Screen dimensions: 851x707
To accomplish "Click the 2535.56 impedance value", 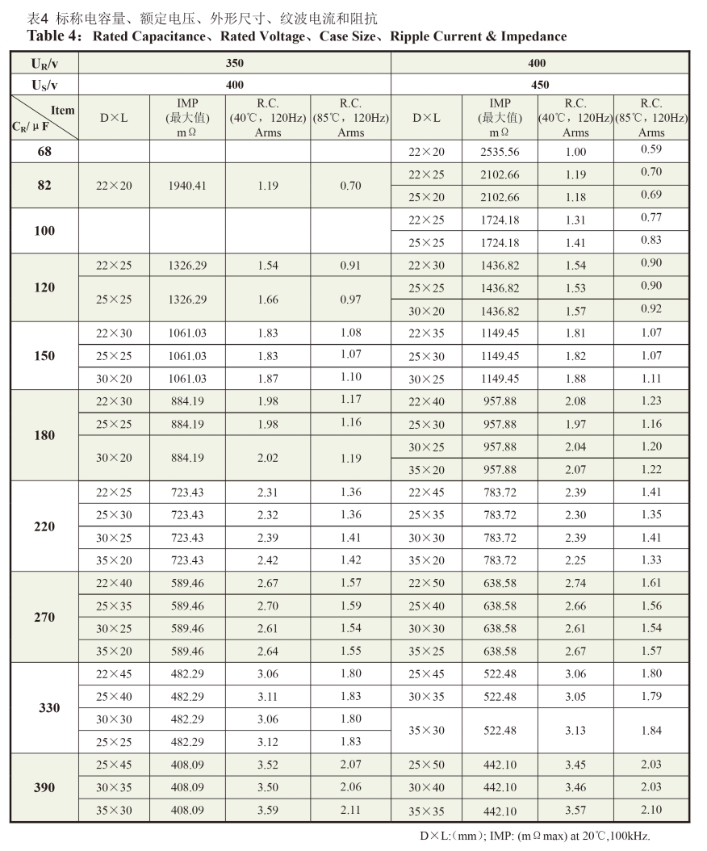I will pyautogui.click(x=500, y=152).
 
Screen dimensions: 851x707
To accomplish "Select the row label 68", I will pyautogui.click(x=44, y=151).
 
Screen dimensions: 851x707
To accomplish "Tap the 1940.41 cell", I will pyautogui.click(x=187, y=186).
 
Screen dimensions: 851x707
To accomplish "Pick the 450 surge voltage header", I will pyautogui.click(x=540, y=85).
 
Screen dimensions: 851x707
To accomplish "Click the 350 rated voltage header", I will pyautogui.click(x=235, y=63).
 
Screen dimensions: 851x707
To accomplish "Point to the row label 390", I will pyautogui.click(x=44, y=787).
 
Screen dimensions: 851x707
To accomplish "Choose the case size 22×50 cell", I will pyautogui.click(x=426, y=583).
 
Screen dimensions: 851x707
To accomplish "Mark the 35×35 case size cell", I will pyautogui.click(x=426, y=811).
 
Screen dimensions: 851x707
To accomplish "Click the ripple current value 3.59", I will pyautogui.click(x=267, y=810).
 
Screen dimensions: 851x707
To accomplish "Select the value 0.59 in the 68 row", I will pyautogui.click(x=651, y=149).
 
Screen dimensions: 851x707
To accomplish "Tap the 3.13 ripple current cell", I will pyautogui.click(x=575, y=730).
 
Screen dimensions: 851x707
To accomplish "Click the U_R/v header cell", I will pyautogui.click(x=44, y=63).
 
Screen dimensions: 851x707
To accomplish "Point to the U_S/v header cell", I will pyautogui.click(x=44, y=85).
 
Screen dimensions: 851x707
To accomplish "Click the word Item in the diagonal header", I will pyautogui.click(x=62, y=111).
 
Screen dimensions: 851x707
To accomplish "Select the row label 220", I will pyautogui.click(x=44, y=526).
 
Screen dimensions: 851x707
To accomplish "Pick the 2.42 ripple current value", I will pyautogui.click(x=267, y=560).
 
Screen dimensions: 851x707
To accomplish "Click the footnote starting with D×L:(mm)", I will pyautogui.click(x=534, y=836).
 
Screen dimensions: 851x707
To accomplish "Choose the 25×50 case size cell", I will pyautogui.click(x=426, y=765).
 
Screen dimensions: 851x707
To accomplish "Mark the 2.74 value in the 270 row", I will pyautogui.click(x=575, y=583).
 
